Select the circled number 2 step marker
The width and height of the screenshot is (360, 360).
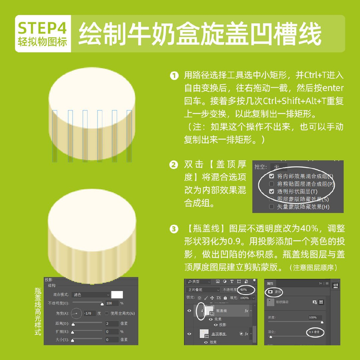click(174, 165)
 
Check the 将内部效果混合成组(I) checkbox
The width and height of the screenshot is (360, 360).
click(271, 176)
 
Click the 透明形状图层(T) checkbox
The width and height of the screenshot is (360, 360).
click(271, 191)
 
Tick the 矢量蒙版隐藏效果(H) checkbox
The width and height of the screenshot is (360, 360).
click(271, 206)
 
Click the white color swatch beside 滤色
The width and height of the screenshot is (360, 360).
click(117, 295)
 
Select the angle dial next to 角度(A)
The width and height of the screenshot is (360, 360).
click(76, 313)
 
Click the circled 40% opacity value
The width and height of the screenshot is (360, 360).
click(243, 290)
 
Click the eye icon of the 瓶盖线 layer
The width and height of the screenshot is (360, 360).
click(188, 311)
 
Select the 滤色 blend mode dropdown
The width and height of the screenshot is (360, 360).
click(89, 295)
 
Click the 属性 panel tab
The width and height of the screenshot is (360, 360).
click(271, 283)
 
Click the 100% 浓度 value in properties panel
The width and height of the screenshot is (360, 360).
click(315, 318)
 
